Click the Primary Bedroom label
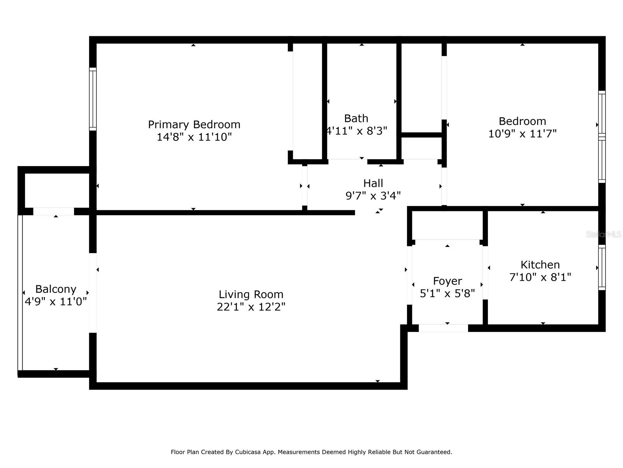(194, 124)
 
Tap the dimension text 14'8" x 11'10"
(194, 137)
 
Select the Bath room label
(356, 118)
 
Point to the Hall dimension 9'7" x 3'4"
(373, 195)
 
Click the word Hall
(373, 183)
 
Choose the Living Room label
(251, 294)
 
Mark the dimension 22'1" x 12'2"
(251, 307)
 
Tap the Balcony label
(56, 289)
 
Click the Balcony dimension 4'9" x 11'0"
(56, 301)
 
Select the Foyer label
(447, 281)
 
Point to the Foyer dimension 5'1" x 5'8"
(447, 293)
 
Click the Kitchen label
(540, 264)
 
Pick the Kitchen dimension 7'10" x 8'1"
(540, 277)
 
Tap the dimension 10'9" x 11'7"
(522, 133)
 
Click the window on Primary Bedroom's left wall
(93, 99)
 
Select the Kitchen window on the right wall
(602, 268)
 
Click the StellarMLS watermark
(604, 234)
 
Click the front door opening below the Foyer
(443, 328)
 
